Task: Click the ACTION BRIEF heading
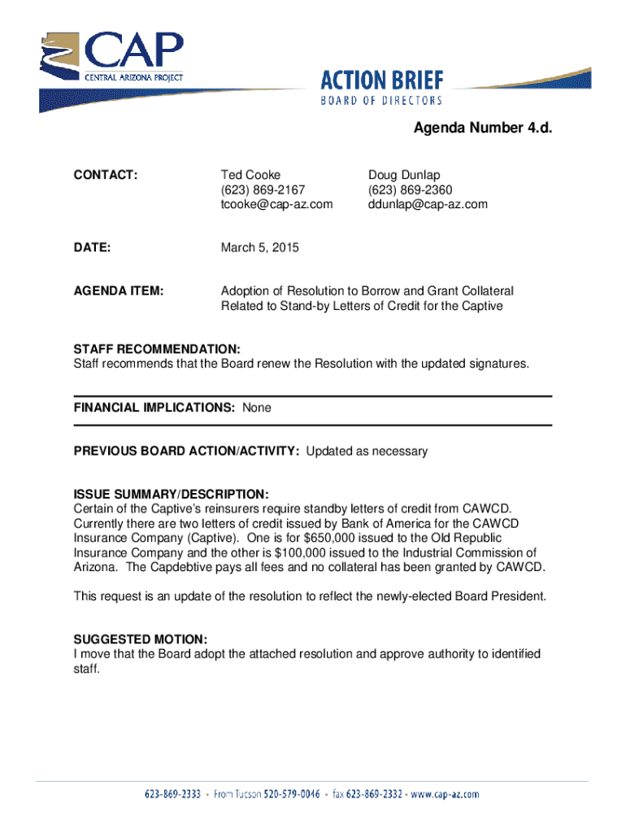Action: (382, 80)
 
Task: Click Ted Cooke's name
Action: (251, 175)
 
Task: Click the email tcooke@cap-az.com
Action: (276, 204)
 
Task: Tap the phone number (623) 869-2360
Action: (411, 190)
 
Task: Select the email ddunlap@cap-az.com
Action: (428, 204)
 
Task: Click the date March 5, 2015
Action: (260, 247)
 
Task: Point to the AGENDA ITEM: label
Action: (119, 290)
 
